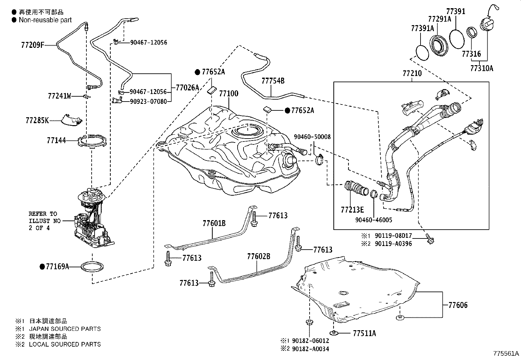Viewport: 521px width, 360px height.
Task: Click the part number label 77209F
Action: (x=32, y=45)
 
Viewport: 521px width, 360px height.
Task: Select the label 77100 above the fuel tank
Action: (x=229, y=93)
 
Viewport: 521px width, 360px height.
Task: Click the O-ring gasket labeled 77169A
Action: (x=92, y=267)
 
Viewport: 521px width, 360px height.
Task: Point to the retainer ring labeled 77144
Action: (x=92, y=141)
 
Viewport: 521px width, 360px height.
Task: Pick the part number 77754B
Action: (x=273, y=81)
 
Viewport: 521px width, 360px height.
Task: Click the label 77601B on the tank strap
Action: (x=214, y=223)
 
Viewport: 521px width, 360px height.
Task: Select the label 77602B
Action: (x=259, y=256)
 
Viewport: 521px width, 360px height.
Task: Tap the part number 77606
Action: (x=458, y=305)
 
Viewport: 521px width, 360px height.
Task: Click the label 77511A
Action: (x=364, y=333)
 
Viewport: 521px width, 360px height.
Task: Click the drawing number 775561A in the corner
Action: (x=506, y=353)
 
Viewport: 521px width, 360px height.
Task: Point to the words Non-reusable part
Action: (x=45, y=20)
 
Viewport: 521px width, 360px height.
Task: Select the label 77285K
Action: (x=37, y=121)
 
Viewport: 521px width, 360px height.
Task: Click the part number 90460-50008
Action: (x=312, y=137)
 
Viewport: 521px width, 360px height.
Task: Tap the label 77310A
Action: (x=482, y=68)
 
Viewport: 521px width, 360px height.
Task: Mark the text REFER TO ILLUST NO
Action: (x=45, y=217)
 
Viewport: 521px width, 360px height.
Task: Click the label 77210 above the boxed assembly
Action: (x=412, y=73)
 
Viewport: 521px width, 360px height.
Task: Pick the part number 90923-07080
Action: (x=148, y=102)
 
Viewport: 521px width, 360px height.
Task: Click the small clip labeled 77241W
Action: (x=86, y=96)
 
